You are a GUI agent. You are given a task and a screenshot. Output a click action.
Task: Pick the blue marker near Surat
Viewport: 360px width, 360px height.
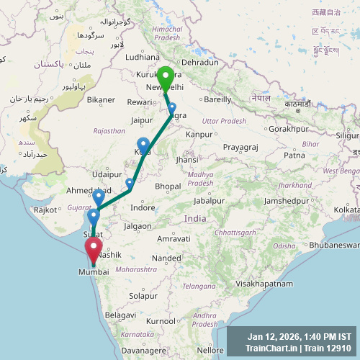point(94,215)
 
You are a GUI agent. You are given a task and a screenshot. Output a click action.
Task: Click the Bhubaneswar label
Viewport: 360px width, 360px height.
point(335,246)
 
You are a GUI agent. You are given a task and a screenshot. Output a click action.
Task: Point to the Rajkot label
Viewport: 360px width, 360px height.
point(44,210)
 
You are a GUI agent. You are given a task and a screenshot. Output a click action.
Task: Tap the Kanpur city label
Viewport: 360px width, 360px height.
point(199,134)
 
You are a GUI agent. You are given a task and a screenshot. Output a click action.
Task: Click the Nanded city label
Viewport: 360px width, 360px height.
point(166,258)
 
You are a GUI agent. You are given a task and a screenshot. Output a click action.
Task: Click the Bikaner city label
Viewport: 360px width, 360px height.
point(101,99)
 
